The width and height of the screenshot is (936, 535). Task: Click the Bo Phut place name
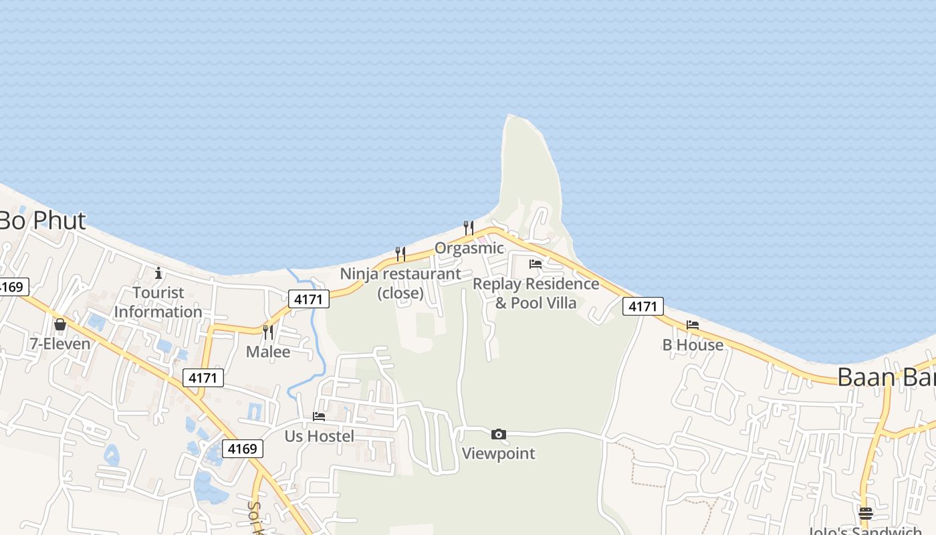(x=41, y=221)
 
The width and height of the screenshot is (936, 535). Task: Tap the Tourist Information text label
(x=158, y=302)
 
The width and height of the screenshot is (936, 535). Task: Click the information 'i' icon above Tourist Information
(x=158, y=273)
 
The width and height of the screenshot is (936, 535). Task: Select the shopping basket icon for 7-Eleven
(x=60, y=324)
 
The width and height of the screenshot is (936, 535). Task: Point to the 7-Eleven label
(x=60, y=344)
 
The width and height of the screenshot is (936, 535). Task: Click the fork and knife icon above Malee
(x=268, y=332)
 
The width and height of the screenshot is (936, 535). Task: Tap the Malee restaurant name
(x=268, y=352)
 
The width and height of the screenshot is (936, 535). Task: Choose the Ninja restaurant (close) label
(x=400, y=283)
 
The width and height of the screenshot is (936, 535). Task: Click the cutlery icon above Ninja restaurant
(x=400, y=253)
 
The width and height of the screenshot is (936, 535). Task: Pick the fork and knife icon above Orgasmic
(x=469, y=228)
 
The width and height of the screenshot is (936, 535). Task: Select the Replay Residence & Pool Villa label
(x=536, y=293)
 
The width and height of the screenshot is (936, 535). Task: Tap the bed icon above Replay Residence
(x=536, y=263)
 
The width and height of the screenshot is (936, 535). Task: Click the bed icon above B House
(x=693, y=325)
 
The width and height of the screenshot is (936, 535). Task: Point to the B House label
(x=693, y=345)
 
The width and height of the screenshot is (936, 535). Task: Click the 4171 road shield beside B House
(x=642, y=307)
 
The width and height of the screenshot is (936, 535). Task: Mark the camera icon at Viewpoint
(x=498, y=435)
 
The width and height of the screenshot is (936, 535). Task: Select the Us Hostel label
(x=320, y=436)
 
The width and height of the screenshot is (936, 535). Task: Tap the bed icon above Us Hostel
(x=319, y=416)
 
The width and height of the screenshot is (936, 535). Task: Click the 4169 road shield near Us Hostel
(x=242, y=449)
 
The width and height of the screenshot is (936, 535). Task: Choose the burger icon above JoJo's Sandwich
(x=866, y=514)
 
